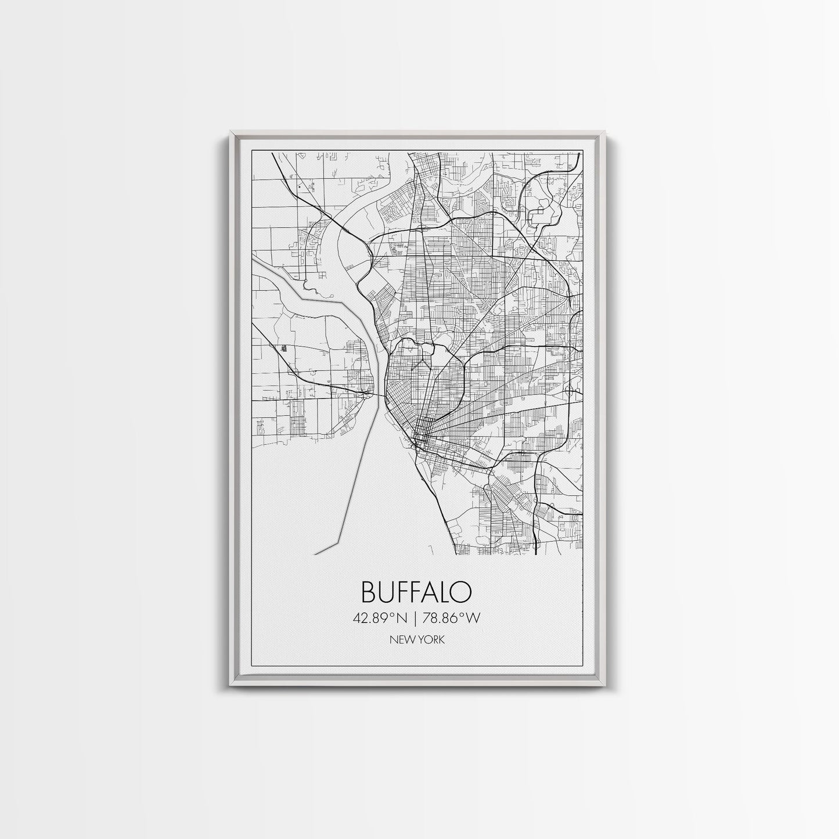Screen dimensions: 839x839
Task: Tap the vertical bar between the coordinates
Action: [420, 618]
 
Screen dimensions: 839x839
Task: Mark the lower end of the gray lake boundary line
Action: [314, 554]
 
